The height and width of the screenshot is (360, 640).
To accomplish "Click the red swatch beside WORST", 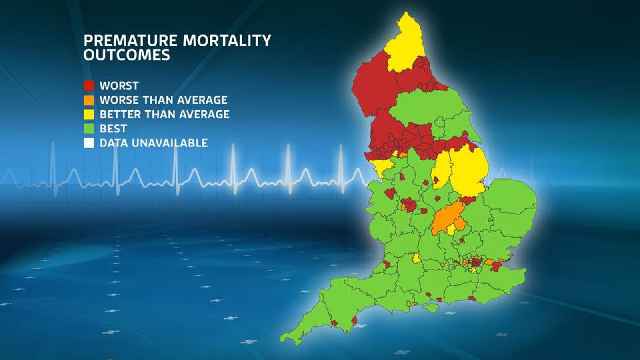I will (89, 86).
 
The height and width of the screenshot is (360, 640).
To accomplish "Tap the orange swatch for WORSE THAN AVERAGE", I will (89, 100).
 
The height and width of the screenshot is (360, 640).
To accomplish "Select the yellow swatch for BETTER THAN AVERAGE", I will (89, 114).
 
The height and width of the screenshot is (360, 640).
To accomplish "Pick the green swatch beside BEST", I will (89, 129).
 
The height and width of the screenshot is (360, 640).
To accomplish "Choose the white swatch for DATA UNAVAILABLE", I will (89, 143).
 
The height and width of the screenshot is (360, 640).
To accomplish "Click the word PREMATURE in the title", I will (130, 40).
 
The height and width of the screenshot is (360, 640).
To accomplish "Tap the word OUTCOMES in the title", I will (127, 55).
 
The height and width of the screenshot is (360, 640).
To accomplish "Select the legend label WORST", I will (119, 86).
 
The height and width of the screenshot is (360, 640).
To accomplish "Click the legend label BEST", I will (113, 129).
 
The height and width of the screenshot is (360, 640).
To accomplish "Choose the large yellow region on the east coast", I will (468, 170).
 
